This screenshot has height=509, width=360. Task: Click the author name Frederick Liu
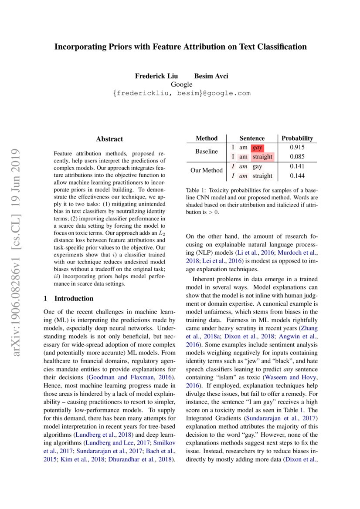pos(156,76)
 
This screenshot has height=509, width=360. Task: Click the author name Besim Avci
pos(211,76)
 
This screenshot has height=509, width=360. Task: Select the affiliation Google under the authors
pos(181,84)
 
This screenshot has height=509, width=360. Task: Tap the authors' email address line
pos(181,93)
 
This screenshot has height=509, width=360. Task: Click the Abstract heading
pos(109,139)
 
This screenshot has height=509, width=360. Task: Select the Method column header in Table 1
pos(207,138)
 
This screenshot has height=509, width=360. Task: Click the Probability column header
pos(297,138)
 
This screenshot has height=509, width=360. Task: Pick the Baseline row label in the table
pos(207,152)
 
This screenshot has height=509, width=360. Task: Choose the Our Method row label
pos(207,171)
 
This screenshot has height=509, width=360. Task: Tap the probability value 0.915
pos(297,148)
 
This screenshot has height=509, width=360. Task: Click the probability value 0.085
pos(297,157)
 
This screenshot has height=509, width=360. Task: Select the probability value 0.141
pos(297,166)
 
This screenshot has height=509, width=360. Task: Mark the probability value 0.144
pos(297,176)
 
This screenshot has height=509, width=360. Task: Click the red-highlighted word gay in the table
pos(257,148)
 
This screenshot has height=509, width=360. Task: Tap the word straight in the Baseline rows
pos(262,157)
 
